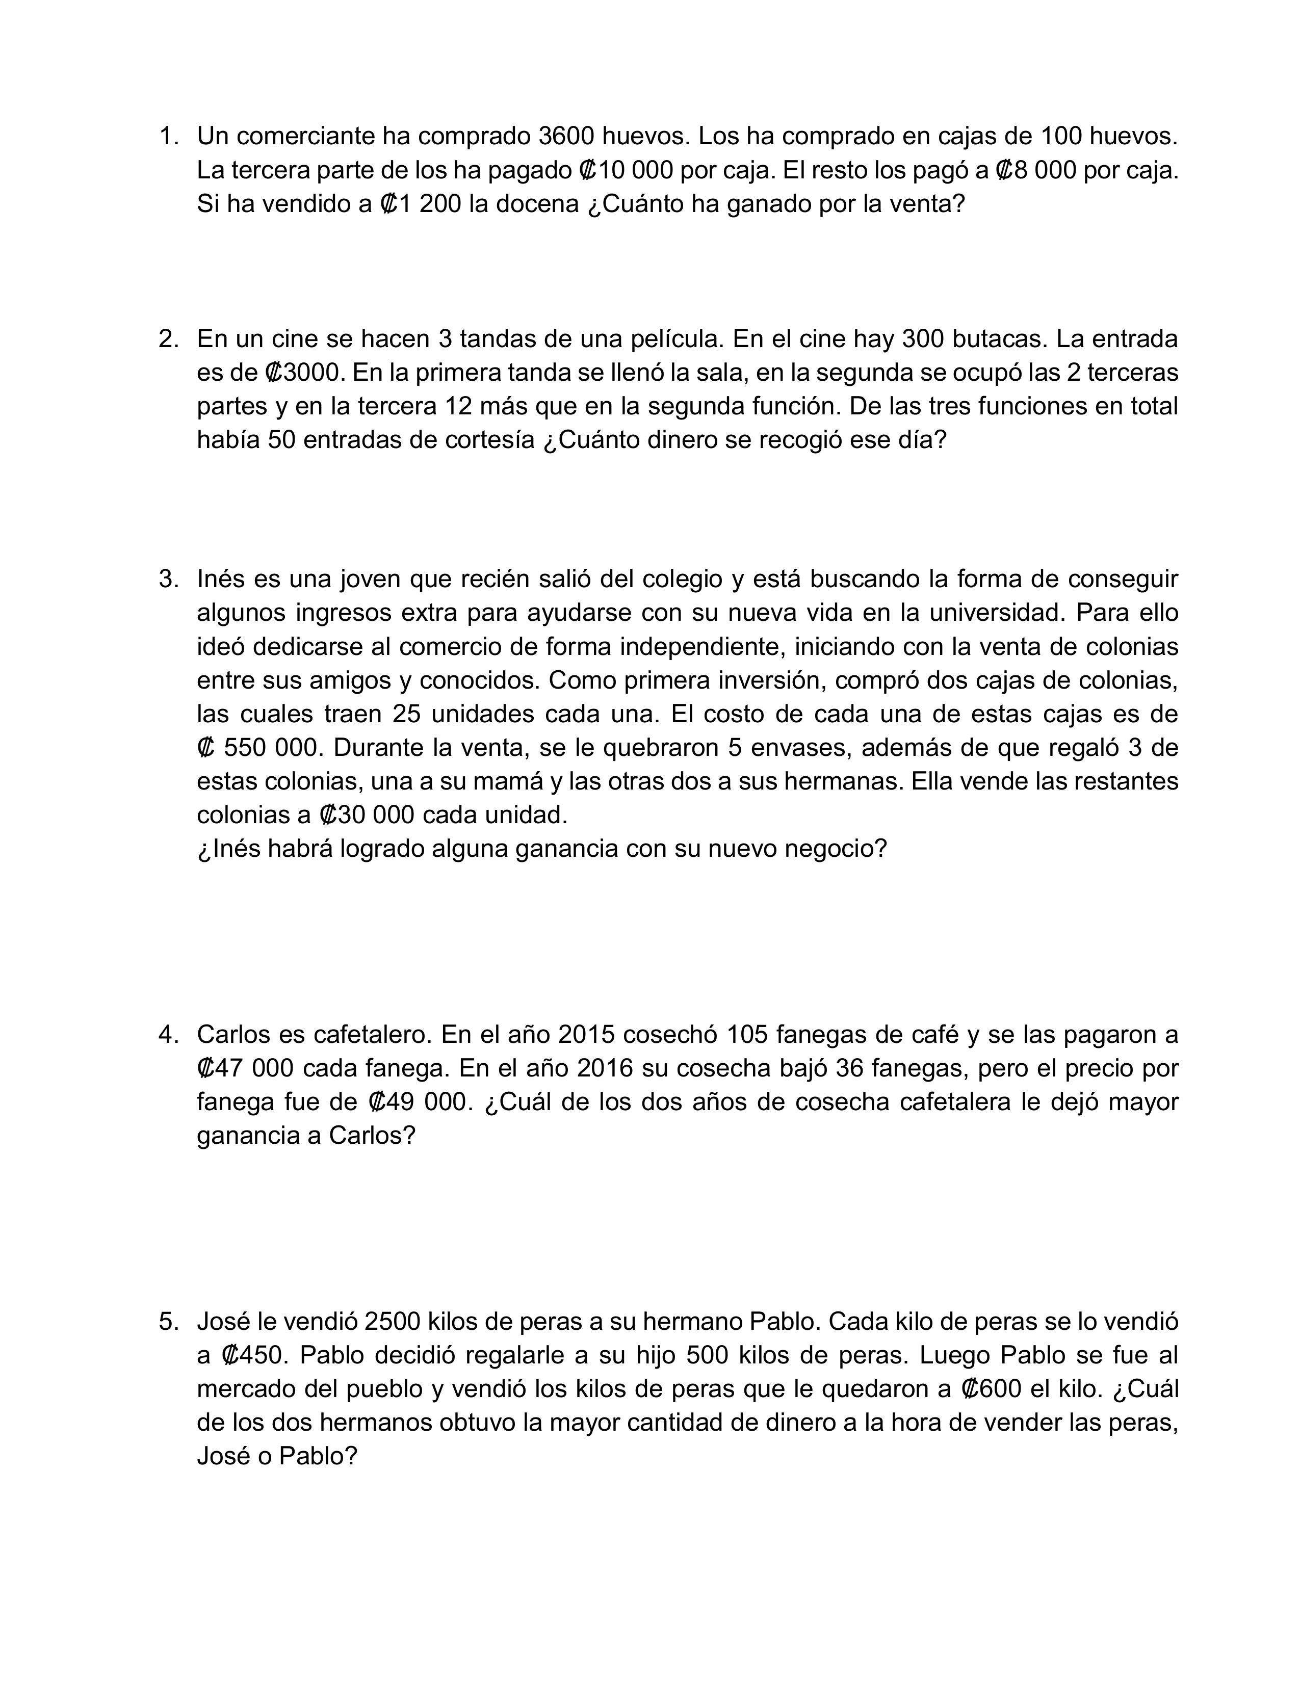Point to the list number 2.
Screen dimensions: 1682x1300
168,339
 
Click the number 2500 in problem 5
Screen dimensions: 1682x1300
393,1322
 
